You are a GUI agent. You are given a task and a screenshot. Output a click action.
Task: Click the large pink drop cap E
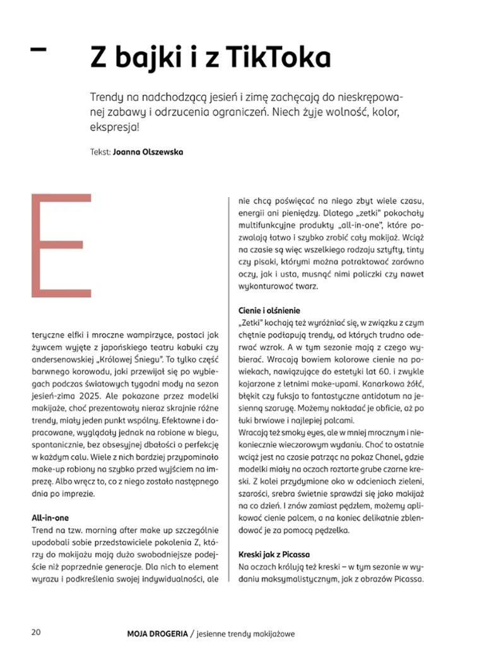tap(62, 246)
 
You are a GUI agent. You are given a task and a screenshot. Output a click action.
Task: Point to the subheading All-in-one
tap(54, 518)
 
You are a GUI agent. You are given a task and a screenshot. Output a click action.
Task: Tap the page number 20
tap(37, 633)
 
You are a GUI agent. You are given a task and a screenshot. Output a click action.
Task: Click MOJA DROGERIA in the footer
tap(156, 633)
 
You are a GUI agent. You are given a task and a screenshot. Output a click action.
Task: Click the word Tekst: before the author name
tap(100, 152)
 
